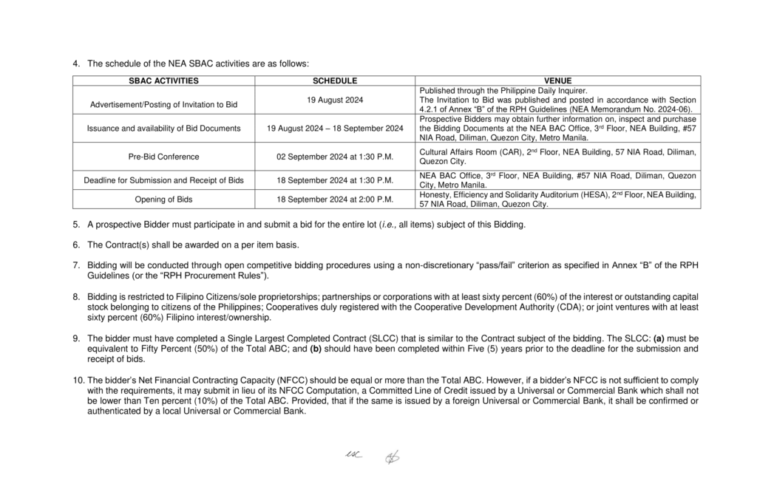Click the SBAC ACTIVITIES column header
click(x=163, y=81)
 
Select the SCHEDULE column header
click(x=335, y=81)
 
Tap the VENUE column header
click(x=557, y=81)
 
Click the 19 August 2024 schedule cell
click(x=335, y=100)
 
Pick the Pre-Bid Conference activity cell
click(x=163, y=157)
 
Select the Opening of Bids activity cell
click(x=163, y=199)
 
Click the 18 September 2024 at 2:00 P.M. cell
click(x=335, y=199)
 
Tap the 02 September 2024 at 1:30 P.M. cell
click(x=335, y=157)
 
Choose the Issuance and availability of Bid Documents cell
click(x=163, y=128)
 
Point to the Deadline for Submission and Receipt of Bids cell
click(x=163, y=180)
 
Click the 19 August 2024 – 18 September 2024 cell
click(x=335, y=128)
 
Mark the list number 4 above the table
click(x=76, y=64)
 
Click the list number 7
click(x=76, y=264)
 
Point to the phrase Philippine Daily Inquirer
click(x=549, y=90)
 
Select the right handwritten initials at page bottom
click(x=391, y=458)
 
